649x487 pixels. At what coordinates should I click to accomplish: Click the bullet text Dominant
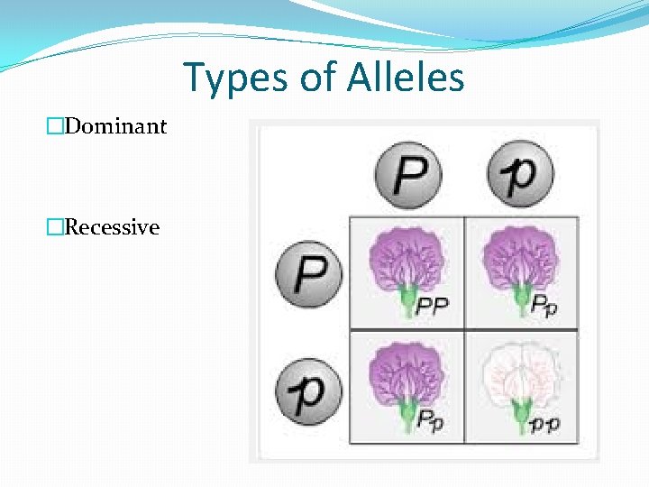point(115,126)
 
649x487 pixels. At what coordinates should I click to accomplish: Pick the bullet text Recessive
point(112,227)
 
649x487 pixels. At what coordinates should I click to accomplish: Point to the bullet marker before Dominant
point(57,126)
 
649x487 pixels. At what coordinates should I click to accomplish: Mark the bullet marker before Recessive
point(57,227)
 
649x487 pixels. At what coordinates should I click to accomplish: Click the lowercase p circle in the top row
point(520,174)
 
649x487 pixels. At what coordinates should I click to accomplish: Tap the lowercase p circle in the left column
point(309,390)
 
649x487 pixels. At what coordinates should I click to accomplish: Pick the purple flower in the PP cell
point(407,261)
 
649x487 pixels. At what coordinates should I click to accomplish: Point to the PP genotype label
point(432,308)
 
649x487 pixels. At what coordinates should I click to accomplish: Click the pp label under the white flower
point(544,423)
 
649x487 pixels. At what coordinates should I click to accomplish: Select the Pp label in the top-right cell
point(543,308)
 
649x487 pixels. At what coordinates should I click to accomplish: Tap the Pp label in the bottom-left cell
point(431,422)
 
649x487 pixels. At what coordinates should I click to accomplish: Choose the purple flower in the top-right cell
point(519,261)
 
